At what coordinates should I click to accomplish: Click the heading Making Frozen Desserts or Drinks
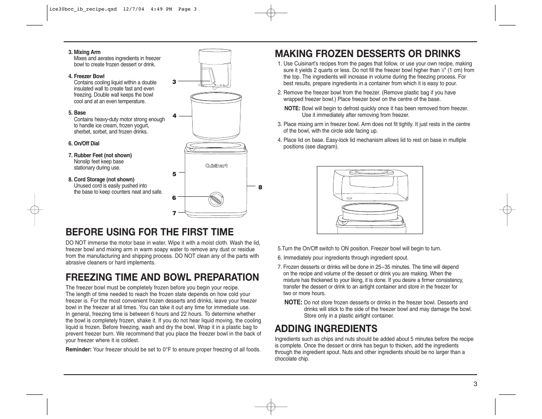(x=367, y=54)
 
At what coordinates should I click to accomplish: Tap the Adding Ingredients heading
(x=326, y=329)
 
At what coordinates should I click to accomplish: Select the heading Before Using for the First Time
(x=150, y=231)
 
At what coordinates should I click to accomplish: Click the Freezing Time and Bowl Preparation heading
(x=162, y=277)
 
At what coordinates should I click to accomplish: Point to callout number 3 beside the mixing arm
(x=174, y=82)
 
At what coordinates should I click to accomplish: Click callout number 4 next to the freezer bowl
(x=174, y=116)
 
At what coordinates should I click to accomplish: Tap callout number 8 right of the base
(x=260, y=187)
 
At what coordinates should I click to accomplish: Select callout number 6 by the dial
(x=174, y=198)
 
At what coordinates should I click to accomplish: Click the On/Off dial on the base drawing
(x=215, y=199)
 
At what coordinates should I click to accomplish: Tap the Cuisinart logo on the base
(x=216, y=166)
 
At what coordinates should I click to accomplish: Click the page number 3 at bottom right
(x=475, y=383)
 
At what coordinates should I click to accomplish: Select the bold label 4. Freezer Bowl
(x=86, y=76)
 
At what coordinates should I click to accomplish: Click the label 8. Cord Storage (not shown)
(x=101, y=180)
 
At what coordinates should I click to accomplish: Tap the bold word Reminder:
(x=79, y=350)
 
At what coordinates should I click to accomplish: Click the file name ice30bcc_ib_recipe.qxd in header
(x=81, y=9)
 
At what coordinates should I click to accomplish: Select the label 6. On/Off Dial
(x=84, y=144)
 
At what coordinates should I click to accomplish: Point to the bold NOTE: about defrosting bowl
(x=292, y=108)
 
